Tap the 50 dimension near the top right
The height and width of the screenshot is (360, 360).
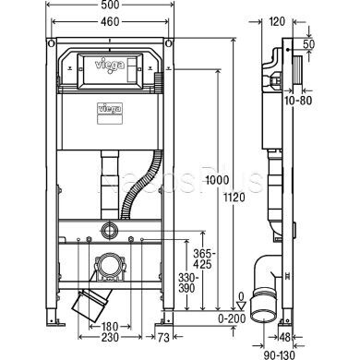[333, 44]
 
